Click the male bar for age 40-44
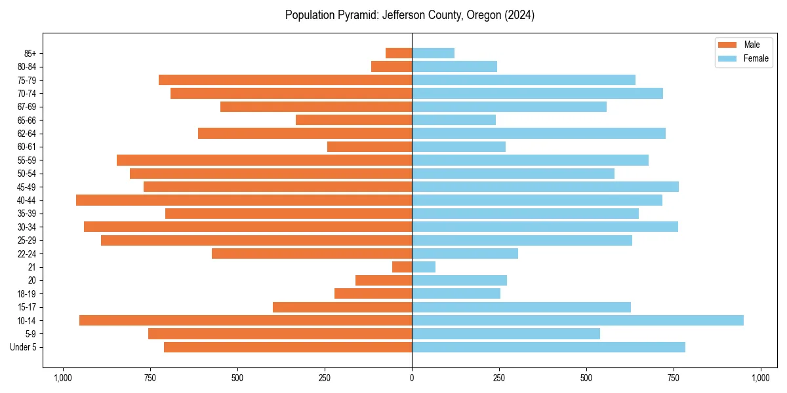[x=244, y=200]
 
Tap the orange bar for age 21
[x=402, y=267]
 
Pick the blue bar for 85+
[x=433, y=53]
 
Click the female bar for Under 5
[x=548, y=347]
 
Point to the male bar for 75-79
[x=285, y=80]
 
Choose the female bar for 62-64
[x=538, y=134]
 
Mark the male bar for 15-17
[x=342, y=307]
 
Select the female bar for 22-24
[x=465, y=253]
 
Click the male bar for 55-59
[x=264, y=160]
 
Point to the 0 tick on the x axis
[x=412, y=378]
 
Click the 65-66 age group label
[x=27, y=121]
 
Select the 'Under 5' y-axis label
[x=24, y=347]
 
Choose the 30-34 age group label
[x=27, y=227]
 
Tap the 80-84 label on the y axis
[x=27, y=67]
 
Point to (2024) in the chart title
[x=519, y=15]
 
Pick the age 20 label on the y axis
[x=32, y=280]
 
